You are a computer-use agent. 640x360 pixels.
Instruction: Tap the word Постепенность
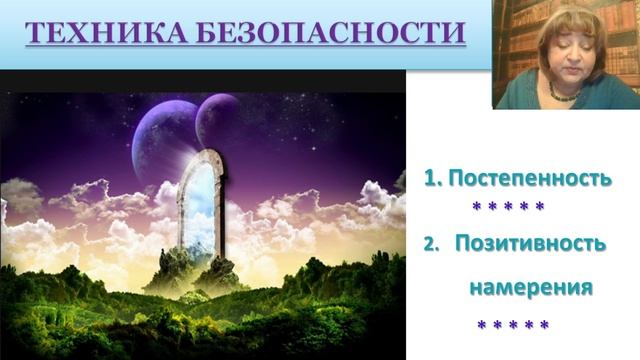click(x=529, y=179)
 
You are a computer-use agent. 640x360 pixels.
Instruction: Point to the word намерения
click(x=531, y=287)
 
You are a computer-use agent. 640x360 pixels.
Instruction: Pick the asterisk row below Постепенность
click(x=508, y=207)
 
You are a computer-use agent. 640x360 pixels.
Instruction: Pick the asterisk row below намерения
click(x=513, y=325)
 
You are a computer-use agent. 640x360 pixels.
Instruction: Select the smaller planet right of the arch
click(x=217, y=120)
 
